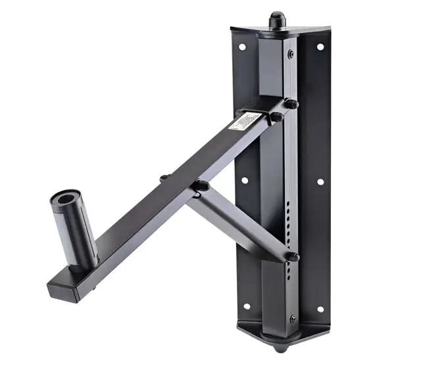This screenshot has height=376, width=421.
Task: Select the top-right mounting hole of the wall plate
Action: (320, 47)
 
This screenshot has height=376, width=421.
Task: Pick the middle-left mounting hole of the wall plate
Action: (244, 180)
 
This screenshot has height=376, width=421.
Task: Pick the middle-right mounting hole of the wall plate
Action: (321, 181)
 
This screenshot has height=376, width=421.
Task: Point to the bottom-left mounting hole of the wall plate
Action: (247, 306)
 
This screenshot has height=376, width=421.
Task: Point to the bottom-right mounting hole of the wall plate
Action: (320, 308)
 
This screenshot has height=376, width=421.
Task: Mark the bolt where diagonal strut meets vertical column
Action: (292, 256)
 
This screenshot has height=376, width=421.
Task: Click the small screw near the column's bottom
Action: (293, 319)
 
